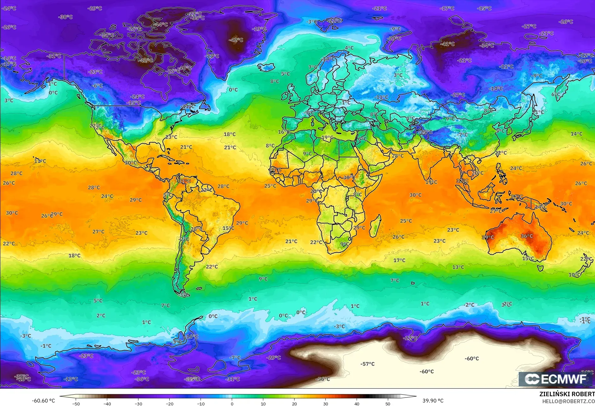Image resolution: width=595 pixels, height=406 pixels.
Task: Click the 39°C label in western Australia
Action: pyautogui.click(x=488, y=237)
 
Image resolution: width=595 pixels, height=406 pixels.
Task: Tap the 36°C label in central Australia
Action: pyautogui.click(x=527, y=236)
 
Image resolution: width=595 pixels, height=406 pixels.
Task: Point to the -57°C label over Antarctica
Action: pyautogui.click(x=367, y=364)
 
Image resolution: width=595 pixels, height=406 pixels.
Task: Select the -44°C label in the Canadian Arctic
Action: pyautogui.click(x=161, y=24)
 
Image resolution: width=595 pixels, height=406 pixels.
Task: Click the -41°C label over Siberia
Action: pyautogui.click(x=447, y=44)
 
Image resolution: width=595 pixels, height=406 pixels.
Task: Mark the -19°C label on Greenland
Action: pyautogui.click(x=259, y=29)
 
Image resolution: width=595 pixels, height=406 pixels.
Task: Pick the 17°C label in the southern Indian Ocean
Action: pyautogui.click(x=399, y=260)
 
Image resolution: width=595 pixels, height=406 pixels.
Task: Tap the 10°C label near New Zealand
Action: pyautogui.click(x=574, y=275)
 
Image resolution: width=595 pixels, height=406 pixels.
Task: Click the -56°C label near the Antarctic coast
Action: pyautogui.click(x=323, y=379)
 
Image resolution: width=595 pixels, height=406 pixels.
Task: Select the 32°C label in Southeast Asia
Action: pyautogui.click(x=462, y=181)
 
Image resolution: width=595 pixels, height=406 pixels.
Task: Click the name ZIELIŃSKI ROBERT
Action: pyautogui.click(x=567, y=394)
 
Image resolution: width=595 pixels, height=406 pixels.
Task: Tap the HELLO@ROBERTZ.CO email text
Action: pyautogui.click(x=568, y=401)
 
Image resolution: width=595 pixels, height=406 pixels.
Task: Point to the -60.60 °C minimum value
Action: pyautogui.click(x=43, y=401)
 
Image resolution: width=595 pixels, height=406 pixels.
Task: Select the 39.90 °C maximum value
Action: pyautogui.click(x=433, y=401)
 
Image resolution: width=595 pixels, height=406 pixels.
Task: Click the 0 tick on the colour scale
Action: pyautogui.click(x=232, y=403)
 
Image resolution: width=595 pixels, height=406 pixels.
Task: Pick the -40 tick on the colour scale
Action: pyautogui.click(x=107, y=403)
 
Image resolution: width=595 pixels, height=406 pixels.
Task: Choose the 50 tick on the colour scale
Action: pyautogui.click(x=388, y=403)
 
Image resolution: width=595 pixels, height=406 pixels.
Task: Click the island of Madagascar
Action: pyautogui.click(x=375, y=226)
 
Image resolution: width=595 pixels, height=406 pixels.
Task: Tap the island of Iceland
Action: pyautogui.click(x=267, y=67)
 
